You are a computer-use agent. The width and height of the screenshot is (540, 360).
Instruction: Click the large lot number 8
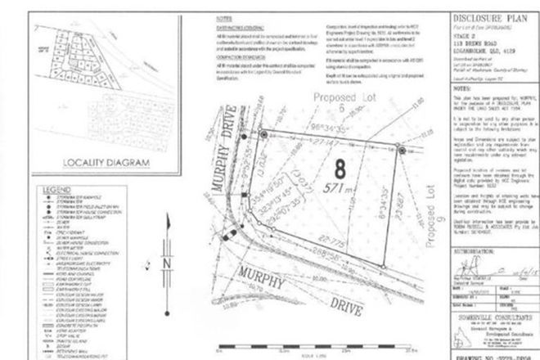[336, 194]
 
